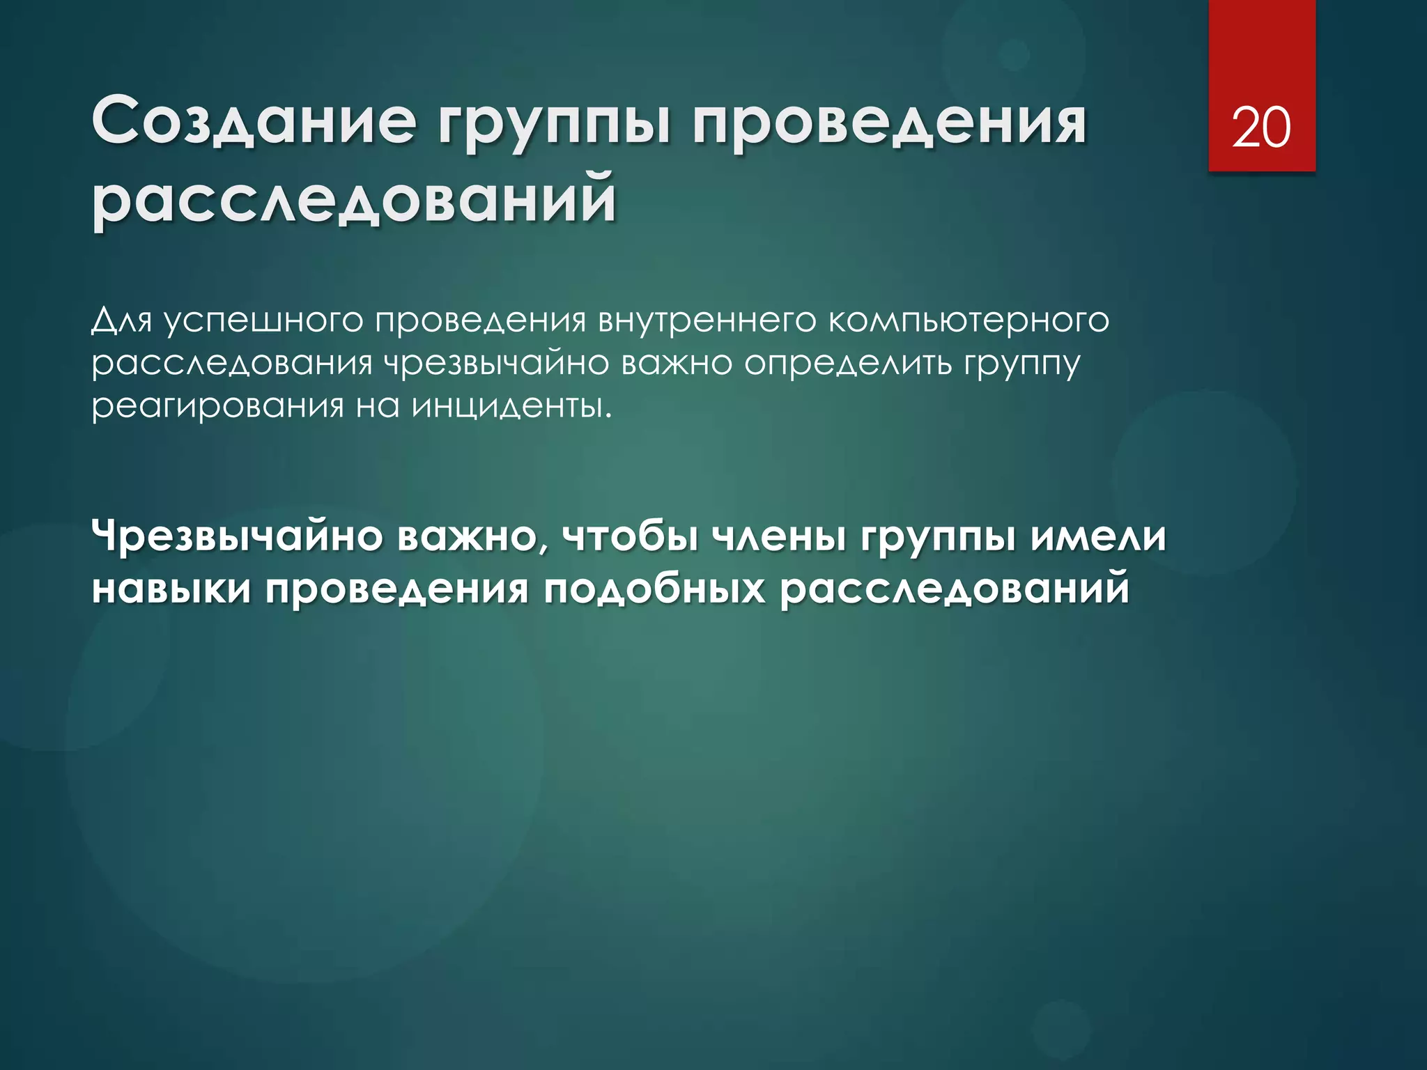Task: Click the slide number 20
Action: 1261,128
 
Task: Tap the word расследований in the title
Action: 355,200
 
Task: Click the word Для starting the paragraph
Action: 121,320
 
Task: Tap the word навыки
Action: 171,589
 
